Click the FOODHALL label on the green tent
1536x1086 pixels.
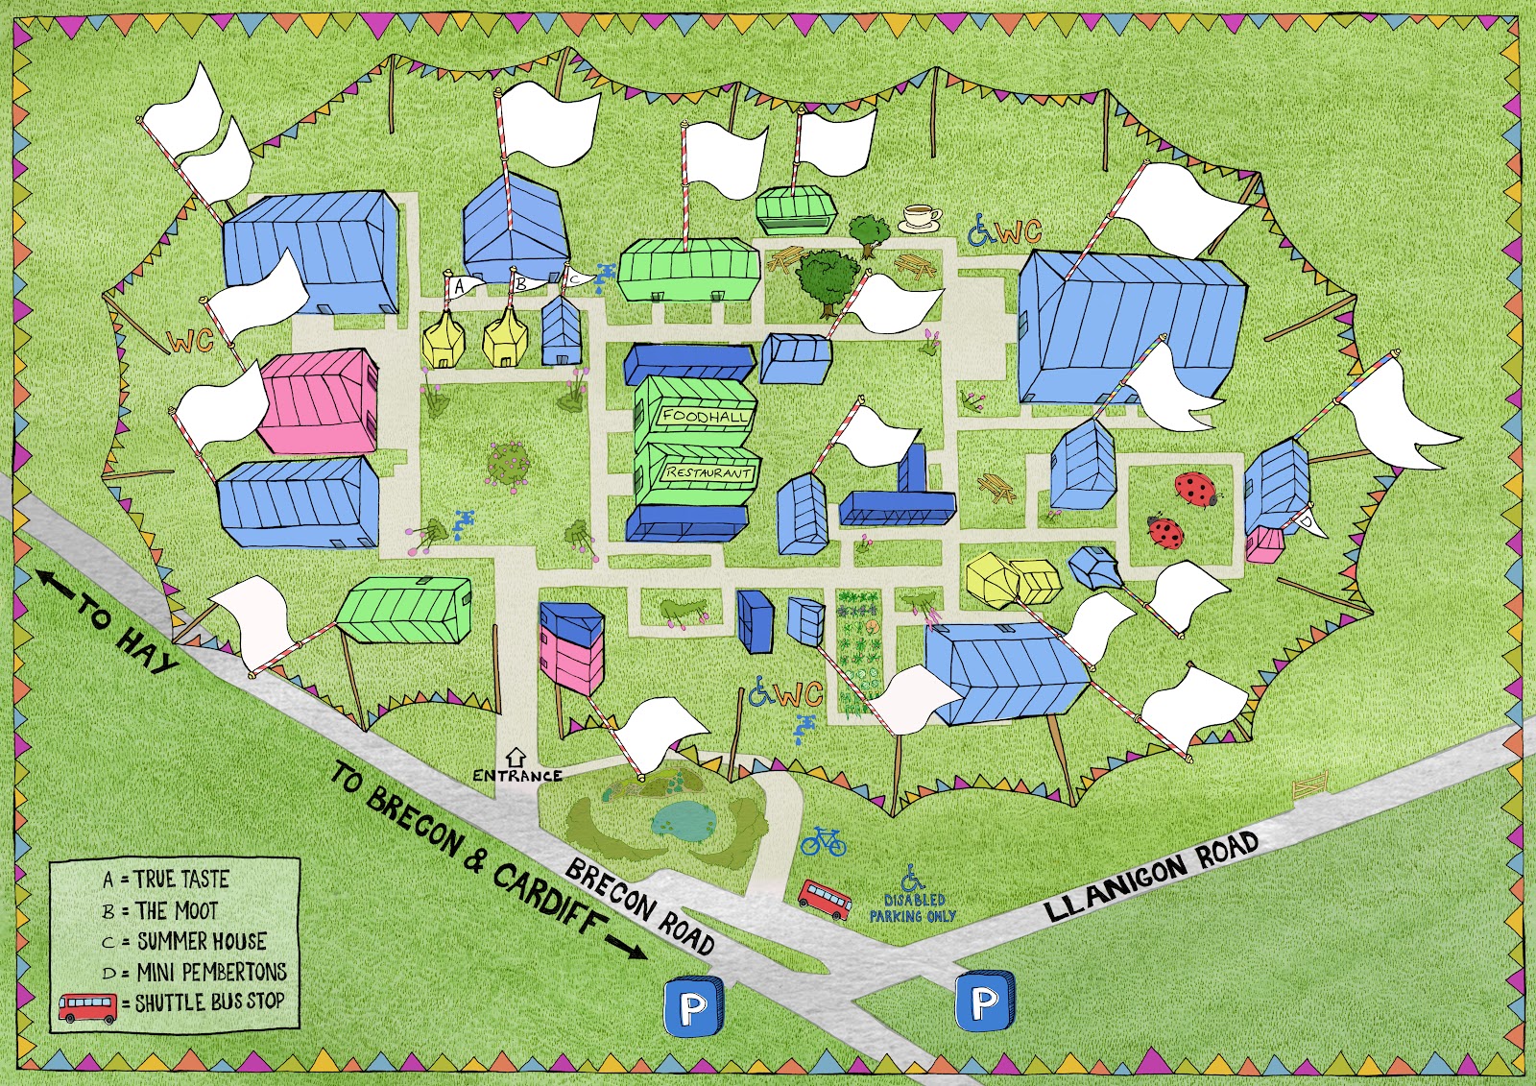pyautogui.click(x=704, y=417)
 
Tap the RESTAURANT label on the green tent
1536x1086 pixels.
pyautogui.click(x=708, y=472)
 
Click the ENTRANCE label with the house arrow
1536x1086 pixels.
pyautogui.click(x=516, y=774)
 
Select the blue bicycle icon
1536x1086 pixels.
pyautogui.click(x=824, y=842)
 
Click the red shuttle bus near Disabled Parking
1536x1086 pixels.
pyautogui.click(x=825, y=900)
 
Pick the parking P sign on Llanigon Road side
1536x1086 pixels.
pyautogui.click(x=984, y=1003)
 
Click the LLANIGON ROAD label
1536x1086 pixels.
pyautogui.click(x=1151, y=877)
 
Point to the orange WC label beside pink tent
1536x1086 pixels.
pyautogui.click(x=190, y=341)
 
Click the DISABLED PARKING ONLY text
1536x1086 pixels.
pyautogui.click(x=913, y=908)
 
